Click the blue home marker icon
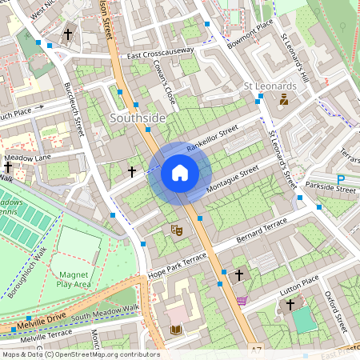(180, 173)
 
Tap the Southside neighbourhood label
(138, 118)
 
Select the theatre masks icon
(177, 230)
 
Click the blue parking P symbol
(341, 181)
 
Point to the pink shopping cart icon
(242, 301)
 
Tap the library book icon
(176, 330)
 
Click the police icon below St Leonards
(283, 101)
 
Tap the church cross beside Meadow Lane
(8, 166)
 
